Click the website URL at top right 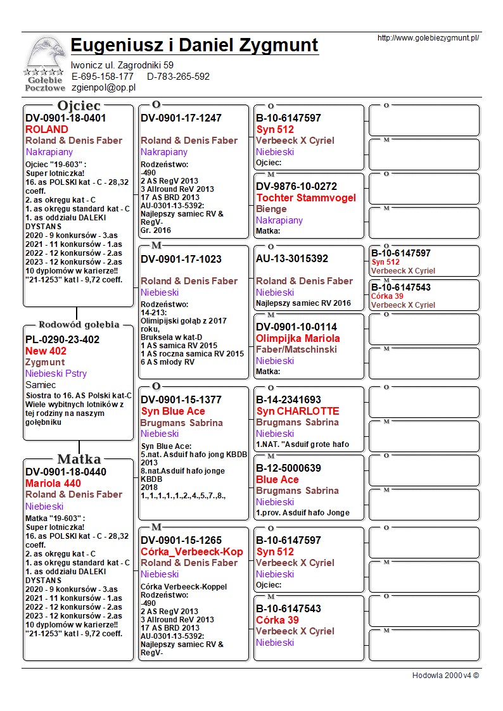pos(428,38)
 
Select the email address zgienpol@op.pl pos(103,88)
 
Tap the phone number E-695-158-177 pos(103,77)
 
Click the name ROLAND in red pos(46,129)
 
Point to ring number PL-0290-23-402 pos(62,339)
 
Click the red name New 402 pos(46,351)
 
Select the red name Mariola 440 pos(53,483)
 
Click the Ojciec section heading pos(79,106)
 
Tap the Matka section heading pos(79,459)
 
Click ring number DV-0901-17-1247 pos(181,118)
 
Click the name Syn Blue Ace pos(173,411)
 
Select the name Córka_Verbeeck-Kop pos(192,551)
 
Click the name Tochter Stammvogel pos(306,198)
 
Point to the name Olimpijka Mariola pos(298,338)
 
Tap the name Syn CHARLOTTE pos(298,411)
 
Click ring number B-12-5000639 pos(288,469)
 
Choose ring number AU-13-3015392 pos(292,258)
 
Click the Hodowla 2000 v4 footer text pos(445,675)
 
